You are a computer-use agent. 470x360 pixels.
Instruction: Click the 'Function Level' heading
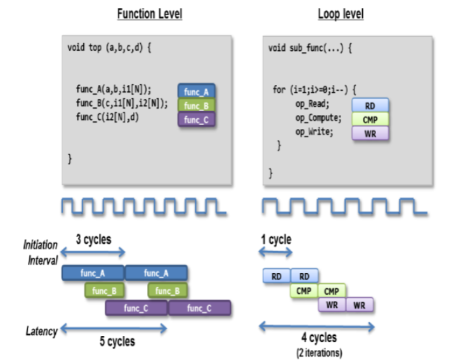coord(150,13)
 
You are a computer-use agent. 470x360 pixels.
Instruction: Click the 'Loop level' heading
coord(339,13)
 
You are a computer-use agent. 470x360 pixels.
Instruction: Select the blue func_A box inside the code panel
coord(197,91)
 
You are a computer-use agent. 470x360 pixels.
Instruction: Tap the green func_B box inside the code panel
coord(197,105)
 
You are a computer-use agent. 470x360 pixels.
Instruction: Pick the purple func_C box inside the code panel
coord(197,119)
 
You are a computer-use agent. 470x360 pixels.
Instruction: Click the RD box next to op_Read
coord(369,104)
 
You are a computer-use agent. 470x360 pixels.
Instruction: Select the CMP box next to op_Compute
coord(369,118)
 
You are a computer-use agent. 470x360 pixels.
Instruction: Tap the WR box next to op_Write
coord(369,133)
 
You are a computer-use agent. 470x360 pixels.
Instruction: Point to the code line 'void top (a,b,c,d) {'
coord(109,48)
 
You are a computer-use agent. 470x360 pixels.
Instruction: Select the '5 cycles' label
coord(117,341)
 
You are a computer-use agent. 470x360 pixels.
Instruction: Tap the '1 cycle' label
coord(276,239)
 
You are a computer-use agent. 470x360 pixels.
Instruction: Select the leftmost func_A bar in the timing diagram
coord(93,273)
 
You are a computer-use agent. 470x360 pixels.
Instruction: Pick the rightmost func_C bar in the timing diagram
coord(199,308)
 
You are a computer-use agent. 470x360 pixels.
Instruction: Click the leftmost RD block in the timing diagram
coord(277,276)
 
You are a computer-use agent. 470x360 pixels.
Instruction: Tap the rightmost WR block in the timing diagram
coord(360,305)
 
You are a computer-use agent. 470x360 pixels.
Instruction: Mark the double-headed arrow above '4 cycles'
coord(317,327)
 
